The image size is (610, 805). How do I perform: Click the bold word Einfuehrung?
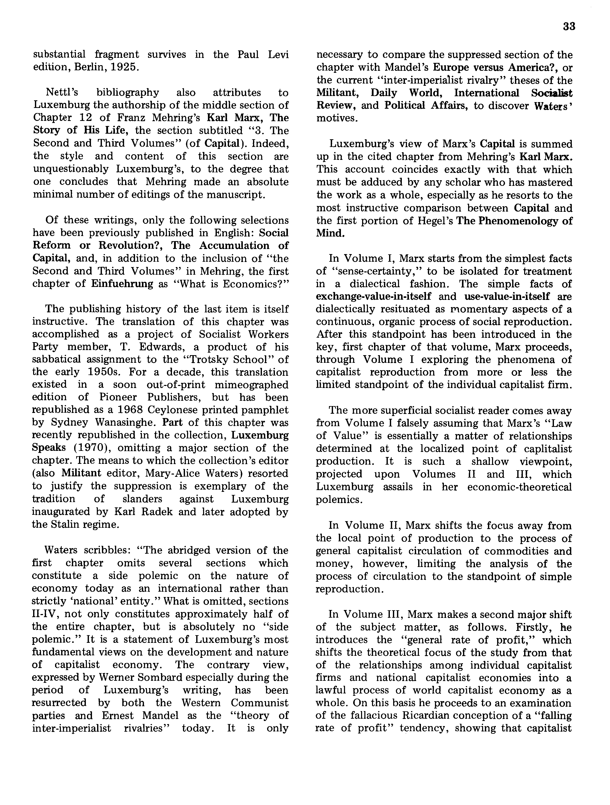122,284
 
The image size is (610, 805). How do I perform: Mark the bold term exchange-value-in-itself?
373,296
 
